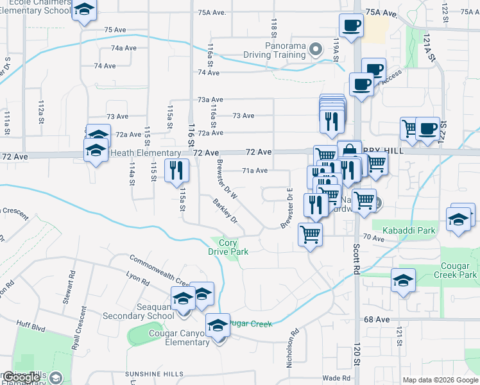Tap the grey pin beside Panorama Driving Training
[x=316, y=49]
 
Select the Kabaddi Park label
[x=408, y=230]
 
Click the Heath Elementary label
[x=146, y=153]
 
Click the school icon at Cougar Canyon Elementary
[x=218, y=325]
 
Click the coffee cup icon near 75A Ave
[x=350, y=26]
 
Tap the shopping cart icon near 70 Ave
[x=311, y=235]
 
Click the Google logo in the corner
[x=22, y=378]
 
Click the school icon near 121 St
[x=403, y=280]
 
